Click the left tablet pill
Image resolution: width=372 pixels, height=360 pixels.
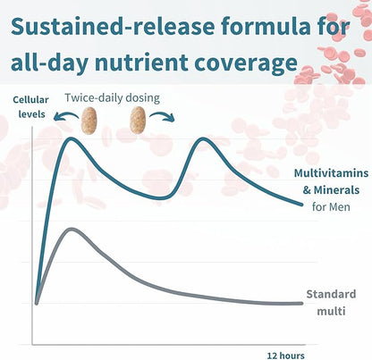[x=89, y=121]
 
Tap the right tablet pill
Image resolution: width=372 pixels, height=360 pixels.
[x=139, y=120]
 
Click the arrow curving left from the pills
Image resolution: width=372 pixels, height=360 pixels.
[x=64, y=115]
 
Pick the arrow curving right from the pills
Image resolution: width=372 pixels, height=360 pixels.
[x=162, y=115]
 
